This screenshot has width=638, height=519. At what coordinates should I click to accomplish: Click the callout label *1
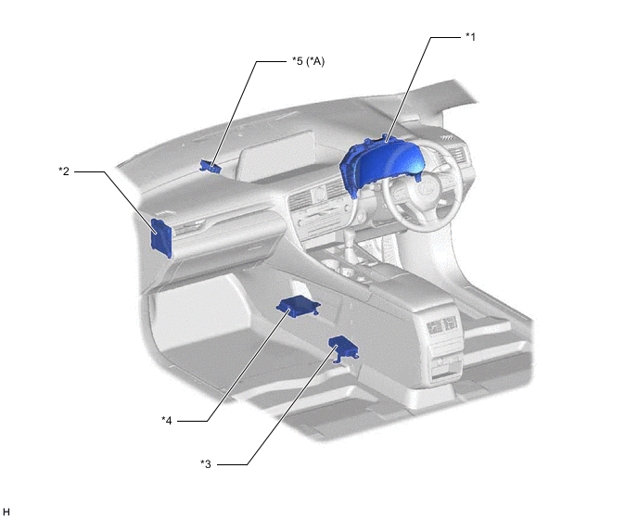pos(470,37)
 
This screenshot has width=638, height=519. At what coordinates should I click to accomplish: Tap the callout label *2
pos(64,171)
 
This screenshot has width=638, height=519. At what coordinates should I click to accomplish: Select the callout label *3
pos(206,464)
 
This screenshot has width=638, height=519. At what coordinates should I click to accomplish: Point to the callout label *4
pos(167,421)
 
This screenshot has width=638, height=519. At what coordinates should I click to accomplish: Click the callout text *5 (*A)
pos(309,61)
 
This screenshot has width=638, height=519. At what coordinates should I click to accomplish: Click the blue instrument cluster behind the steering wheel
pos(381,164)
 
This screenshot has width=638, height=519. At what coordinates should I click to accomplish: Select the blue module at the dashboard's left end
pos(161,237)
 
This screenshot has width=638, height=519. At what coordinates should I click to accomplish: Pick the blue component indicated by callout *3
pos(344,348)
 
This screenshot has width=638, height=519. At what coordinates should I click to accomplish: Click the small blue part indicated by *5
pos(211,166)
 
